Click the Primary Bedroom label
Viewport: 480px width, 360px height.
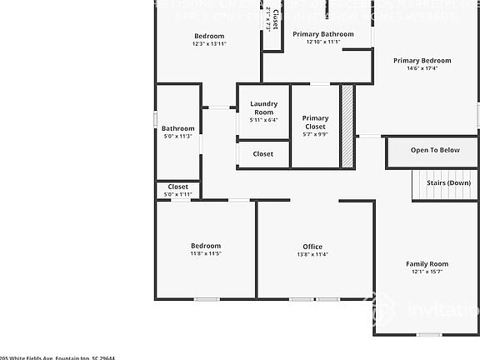click(422, 60)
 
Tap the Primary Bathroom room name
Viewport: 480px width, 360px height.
click(317, 33)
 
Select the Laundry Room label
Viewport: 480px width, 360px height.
click(263, 107)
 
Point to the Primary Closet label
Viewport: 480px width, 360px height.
click(315, 122)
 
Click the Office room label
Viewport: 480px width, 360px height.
click(312, 246)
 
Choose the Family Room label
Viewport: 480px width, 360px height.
click(427, 263)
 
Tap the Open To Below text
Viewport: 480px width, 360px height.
click(435, 150)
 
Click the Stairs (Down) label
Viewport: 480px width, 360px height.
click(448, 182)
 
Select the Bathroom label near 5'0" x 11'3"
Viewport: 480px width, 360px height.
click(177, 128)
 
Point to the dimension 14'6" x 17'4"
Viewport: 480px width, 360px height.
click(422, 68)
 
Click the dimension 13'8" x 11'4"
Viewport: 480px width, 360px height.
click(312, 254)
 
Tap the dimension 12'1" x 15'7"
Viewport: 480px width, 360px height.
click(427, 272)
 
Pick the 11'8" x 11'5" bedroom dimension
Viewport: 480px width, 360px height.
click(206, 253)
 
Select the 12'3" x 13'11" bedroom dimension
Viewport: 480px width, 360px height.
click(209, 44)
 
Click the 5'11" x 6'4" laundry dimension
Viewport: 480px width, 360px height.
click(263, 120)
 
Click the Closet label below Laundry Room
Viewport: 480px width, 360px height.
click(263, 154)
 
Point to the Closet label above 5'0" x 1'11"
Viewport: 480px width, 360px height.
click(178, 187)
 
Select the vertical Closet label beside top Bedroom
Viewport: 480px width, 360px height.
click(276, 18)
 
